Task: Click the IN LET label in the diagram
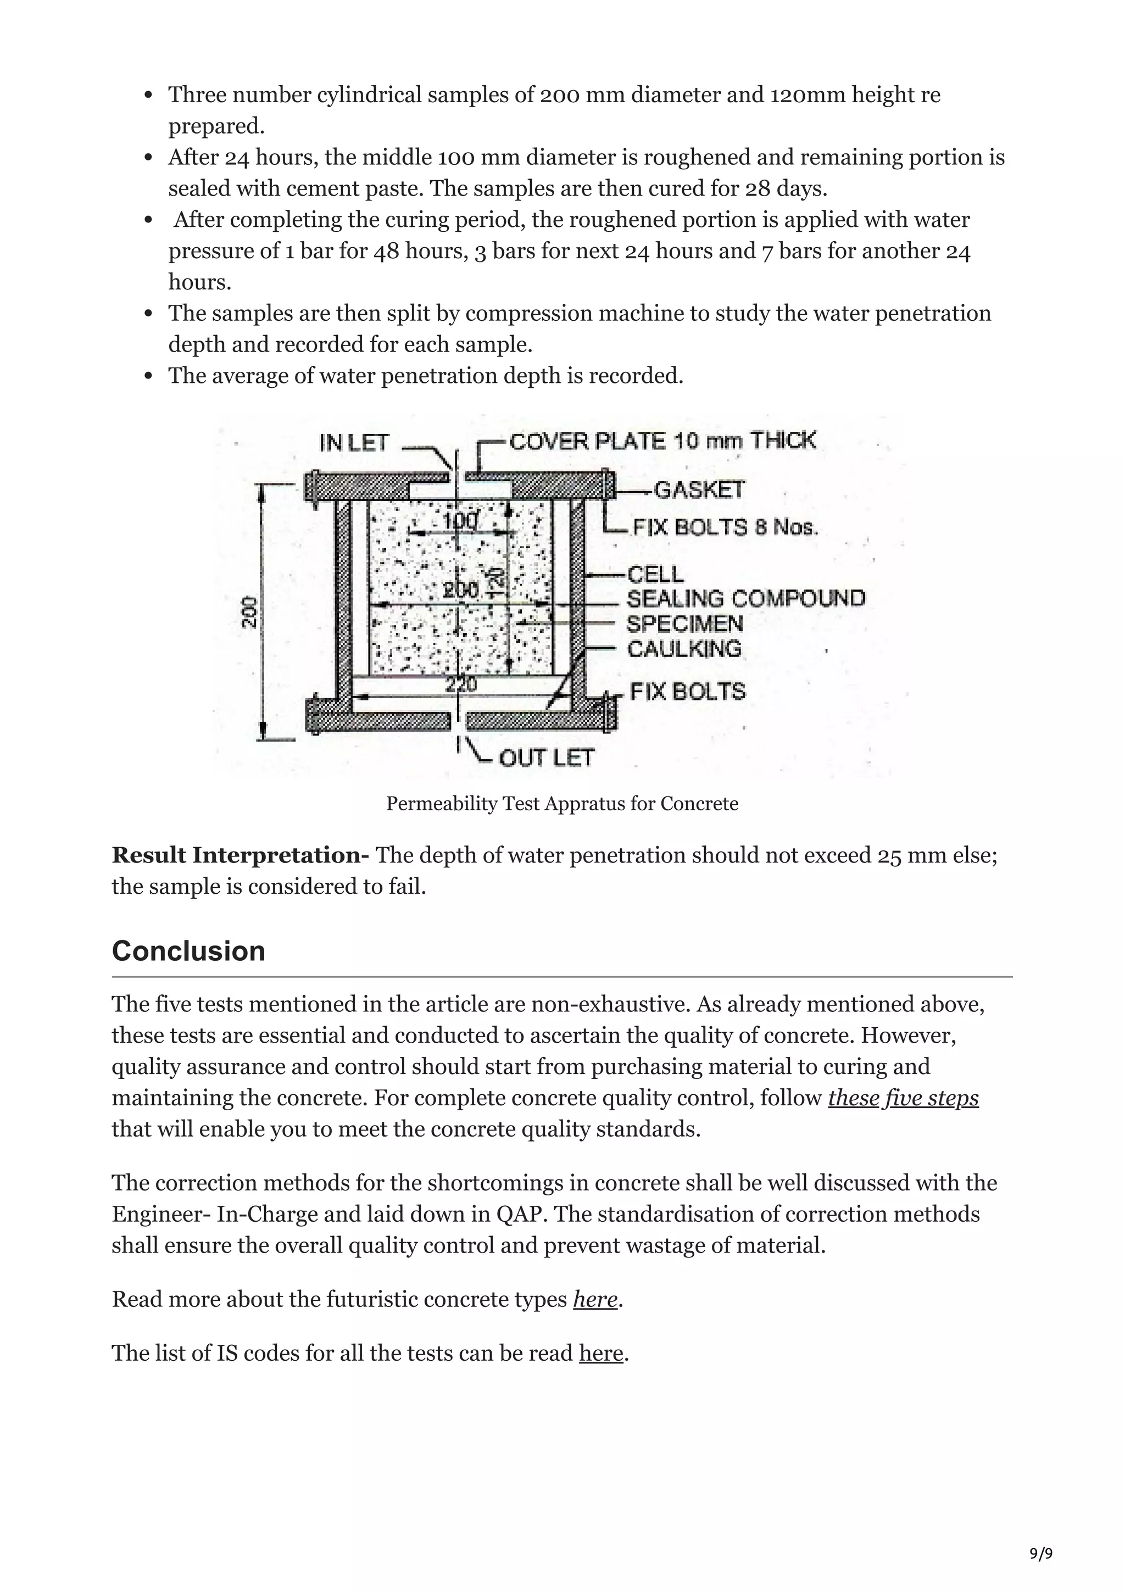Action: coord(354,443)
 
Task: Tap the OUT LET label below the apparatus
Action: coord(546,758)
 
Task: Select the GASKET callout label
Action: coord(699,490)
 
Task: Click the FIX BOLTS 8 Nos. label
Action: coord(725,528)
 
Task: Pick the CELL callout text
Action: coord(655,574)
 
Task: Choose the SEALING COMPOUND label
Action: coord(746,598)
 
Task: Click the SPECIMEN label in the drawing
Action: coord(685,624)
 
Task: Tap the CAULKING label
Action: coord(684,649)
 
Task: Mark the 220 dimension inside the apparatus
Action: coord(461,685)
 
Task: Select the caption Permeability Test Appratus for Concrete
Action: coord(562,804)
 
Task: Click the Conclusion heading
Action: coord(188,950)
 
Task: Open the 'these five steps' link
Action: coord(903,1098)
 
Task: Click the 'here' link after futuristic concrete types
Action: coord(595,1299)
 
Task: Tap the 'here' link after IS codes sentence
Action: coord(601,1353)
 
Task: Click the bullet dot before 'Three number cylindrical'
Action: coord(148,96)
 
